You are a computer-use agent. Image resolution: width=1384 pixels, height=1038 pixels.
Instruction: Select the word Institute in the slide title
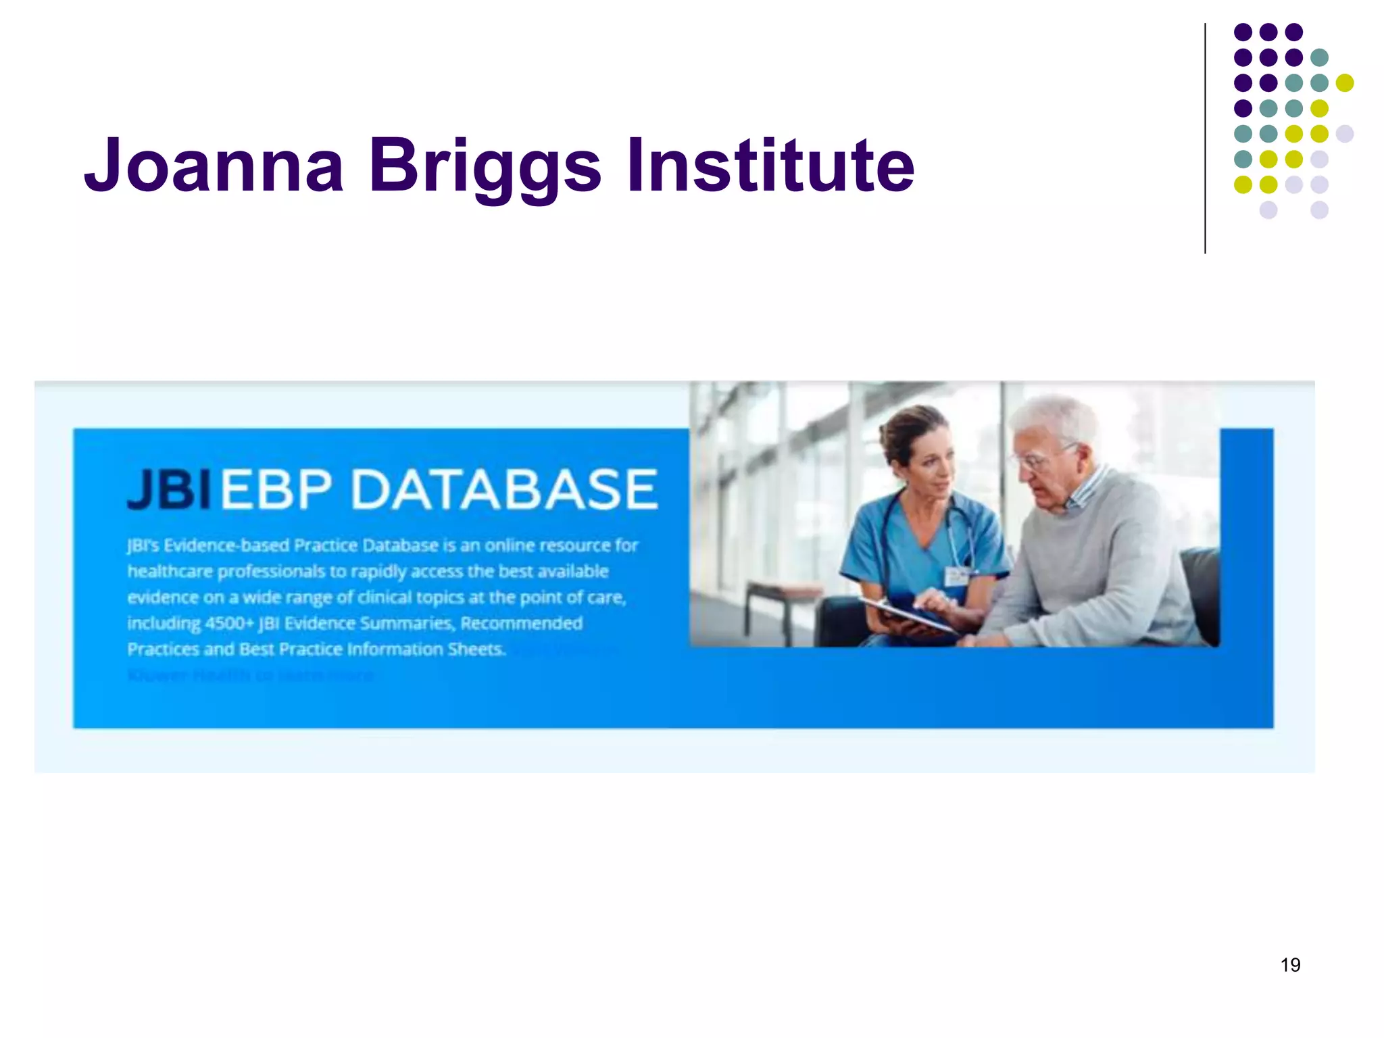770,165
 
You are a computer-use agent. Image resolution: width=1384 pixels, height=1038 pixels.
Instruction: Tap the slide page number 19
1290,964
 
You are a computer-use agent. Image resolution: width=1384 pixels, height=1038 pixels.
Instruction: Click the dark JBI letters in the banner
169,489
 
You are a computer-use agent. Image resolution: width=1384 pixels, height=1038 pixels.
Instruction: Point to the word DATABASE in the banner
504,489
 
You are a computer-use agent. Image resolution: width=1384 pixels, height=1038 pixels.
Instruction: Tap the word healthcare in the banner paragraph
170,572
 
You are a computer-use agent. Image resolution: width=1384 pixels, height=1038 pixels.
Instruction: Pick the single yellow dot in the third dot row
1345,83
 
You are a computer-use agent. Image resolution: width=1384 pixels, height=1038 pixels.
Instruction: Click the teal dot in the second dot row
1319,57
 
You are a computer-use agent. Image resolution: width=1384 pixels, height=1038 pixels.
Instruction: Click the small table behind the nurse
770,595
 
